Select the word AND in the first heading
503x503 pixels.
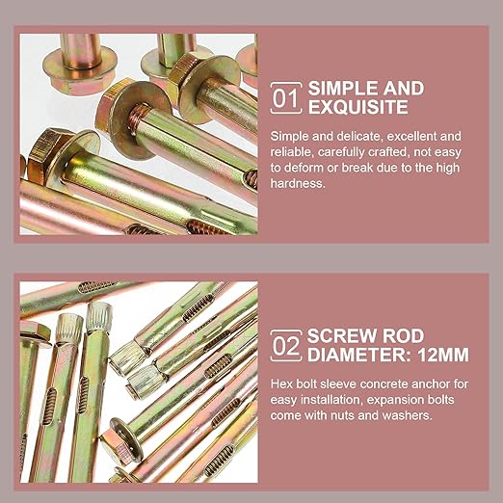[x=408, y=88]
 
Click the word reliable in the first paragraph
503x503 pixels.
[x=291, y=151]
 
